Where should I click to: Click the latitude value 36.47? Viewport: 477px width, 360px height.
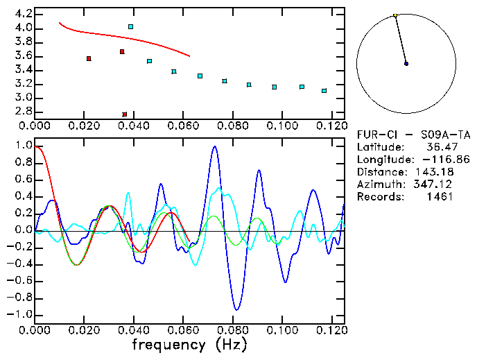click(437, 147)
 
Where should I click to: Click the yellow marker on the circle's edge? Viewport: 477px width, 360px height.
click(395, 15)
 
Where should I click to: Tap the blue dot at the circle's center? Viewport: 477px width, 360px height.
click(406, 63)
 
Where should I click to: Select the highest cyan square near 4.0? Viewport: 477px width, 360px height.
click(130, 26)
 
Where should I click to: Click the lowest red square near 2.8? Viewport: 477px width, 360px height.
click(125, 114)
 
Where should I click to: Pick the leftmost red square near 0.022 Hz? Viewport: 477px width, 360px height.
click(89, 58)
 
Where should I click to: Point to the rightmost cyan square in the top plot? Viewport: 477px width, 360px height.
click(324, 91)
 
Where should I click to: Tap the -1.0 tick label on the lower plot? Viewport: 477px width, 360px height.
click(19, 314)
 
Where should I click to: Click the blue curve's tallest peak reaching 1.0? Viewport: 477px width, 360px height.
click(215, 146)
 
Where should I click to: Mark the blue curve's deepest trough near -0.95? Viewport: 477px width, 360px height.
click(236, 309)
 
